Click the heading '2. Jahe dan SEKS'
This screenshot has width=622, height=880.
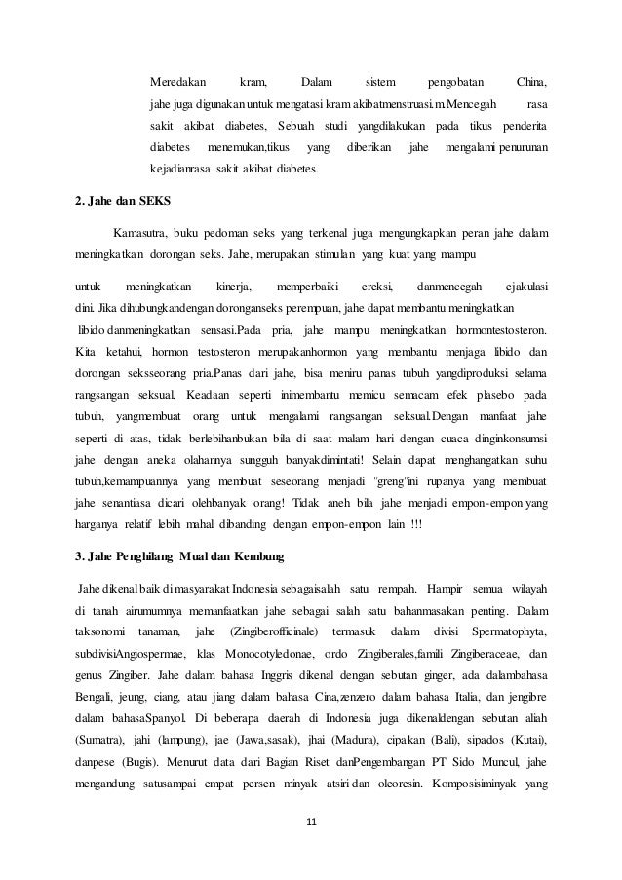click(x=123, y=203)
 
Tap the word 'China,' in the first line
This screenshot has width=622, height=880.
click(x=531, y=81)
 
